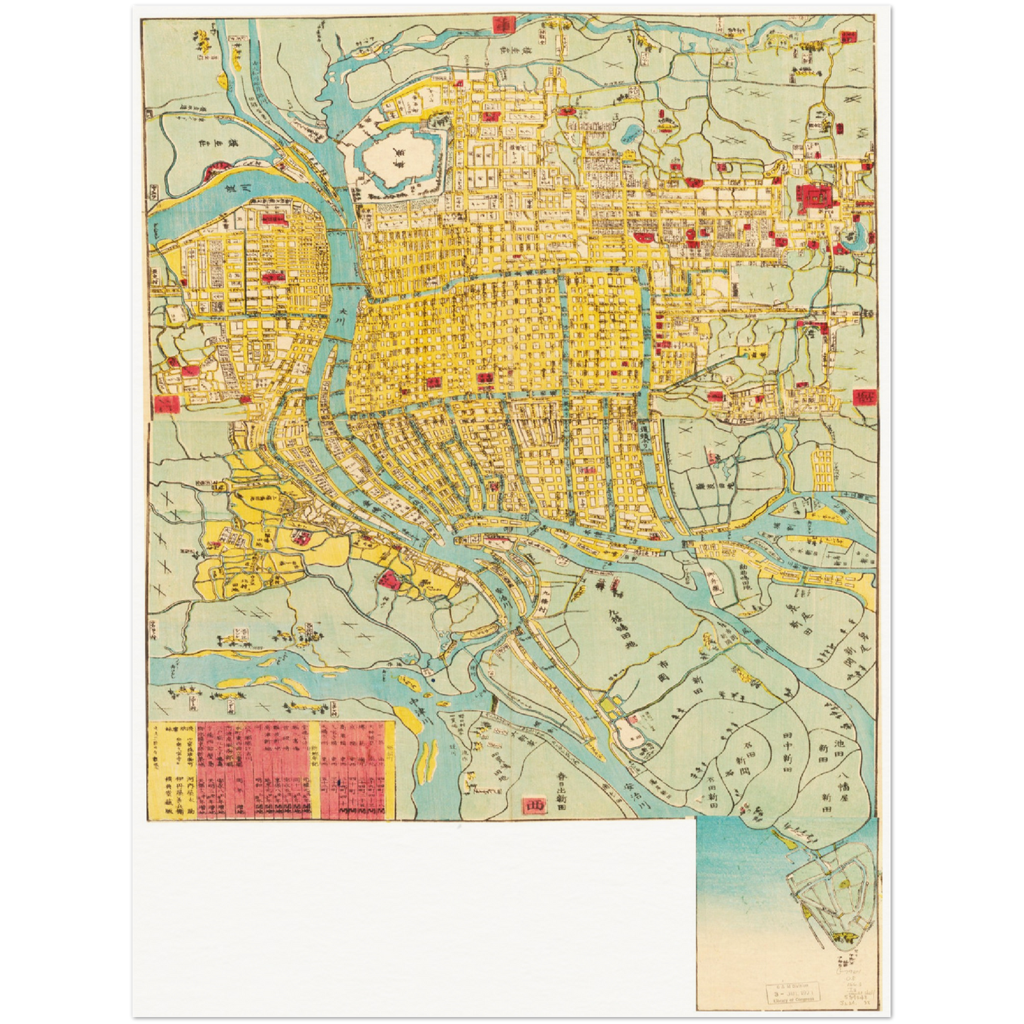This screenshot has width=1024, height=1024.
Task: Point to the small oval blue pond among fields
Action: [x=630, y=135]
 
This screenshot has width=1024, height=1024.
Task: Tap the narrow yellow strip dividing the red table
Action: [x=315, y=769]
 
